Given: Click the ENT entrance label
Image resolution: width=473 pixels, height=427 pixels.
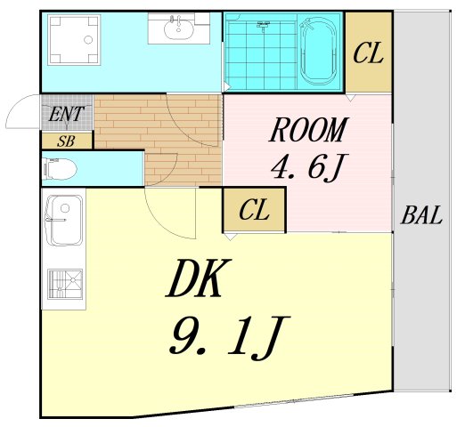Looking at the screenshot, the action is point(66,114).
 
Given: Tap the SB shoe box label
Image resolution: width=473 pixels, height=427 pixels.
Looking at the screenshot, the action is point(66,141).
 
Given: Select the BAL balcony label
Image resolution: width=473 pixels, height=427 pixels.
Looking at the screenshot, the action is point(421,215).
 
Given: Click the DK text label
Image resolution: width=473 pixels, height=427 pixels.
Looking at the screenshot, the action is point(199,278).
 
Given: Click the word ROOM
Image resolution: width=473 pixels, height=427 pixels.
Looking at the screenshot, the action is point(308,130).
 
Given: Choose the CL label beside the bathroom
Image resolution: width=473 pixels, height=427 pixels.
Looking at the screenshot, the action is point(368,53).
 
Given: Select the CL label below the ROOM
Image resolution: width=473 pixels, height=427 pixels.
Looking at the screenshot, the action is point(254,209).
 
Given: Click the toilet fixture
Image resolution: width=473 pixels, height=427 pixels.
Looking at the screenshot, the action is point(59,169).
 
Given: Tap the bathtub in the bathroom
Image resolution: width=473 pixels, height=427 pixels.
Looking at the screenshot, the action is point(319,52).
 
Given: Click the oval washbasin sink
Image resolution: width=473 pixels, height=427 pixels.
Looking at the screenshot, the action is point(178,29).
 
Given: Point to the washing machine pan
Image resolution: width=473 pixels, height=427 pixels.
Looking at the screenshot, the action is point(74,39).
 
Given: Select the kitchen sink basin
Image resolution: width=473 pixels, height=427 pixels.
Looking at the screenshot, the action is point(63,220).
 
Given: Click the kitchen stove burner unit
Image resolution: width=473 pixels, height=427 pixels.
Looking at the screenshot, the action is point(65,284).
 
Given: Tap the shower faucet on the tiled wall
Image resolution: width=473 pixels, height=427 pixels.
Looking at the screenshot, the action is point(263,26).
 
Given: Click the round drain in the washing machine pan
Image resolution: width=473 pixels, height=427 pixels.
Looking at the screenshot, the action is point(88,40).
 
